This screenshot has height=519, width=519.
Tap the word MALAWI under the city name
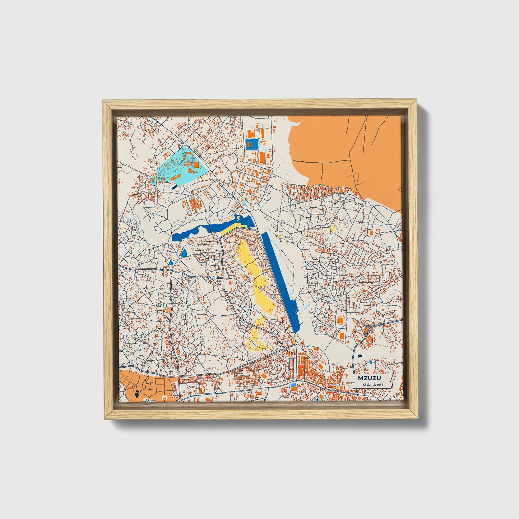tap(372, 385)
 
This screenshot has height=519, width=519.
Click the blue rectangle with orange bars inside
tap(251, 144)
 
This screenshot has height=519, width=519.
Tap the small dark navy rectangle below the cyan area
tap(174, 187)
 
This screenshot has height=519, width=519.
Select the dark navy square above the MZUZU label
tap(359, 356)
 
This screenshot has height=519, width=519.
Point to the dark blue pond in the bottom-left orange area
tap(137, 394)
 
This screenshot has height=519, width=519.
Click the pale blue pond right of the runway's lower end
tap(306, 307)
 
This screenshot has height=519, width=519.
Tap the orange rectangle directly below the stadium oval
tap(341, 335)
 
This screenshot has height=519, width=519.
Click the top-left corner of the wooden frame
tap(103, 101)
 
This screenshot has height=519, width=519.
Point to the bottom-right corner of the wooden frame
tap(418, 419)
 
